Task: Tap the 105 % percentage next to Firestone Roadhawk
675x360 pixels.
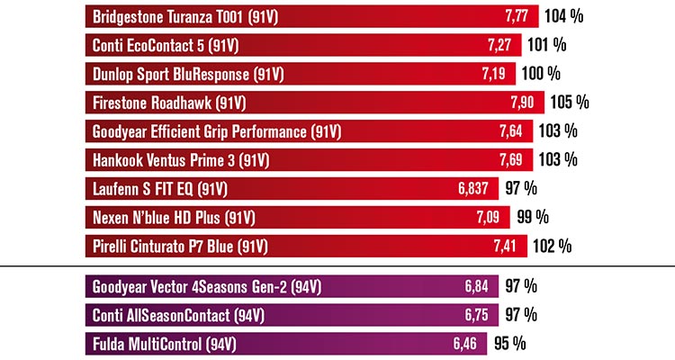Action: tap(570, 103)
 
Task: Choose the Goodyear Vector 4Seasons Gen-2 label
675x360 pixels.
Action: tap(207, 287)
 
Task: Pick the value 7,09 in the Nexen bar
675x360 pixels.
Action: tap(496, 217)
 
